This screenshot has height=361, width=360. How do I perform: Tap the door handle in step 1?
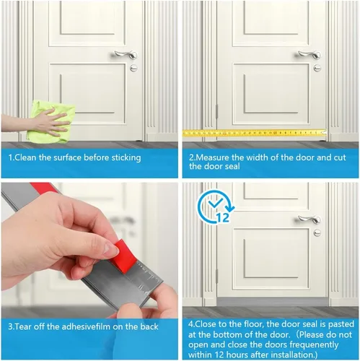[126, 55]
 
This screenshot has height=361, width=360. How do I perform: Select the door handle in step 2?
[309, 55]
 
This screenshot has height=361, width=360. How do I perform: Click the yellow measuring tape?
[255, 133]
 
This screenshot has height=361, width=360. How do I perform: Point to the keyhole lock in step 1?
[133, 68]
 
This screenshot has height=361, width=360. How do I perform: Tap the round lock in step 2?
[317, 68]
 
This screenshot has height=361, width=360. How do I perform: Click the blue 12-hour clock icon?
[215, 206]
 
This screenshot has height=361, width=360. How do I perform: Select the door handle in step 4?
[309, 219]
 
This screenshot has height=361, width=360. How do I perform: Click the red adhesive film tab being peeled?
[124, 256]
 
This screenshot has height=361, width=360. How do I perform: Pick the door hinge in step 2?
[217, 111]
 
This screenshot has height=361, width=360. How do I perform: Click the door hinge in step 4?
[217, 276]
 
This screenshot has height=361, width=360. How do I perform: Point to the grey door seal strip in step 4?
[272, 302]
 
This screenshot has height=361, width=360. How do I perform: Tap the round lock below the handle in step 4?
[317, 232]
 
